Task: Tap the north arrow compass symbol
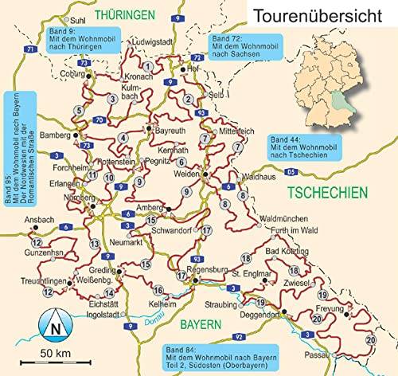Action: coord(53,324)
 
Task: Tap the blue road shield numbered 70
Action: coord(98,119)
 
